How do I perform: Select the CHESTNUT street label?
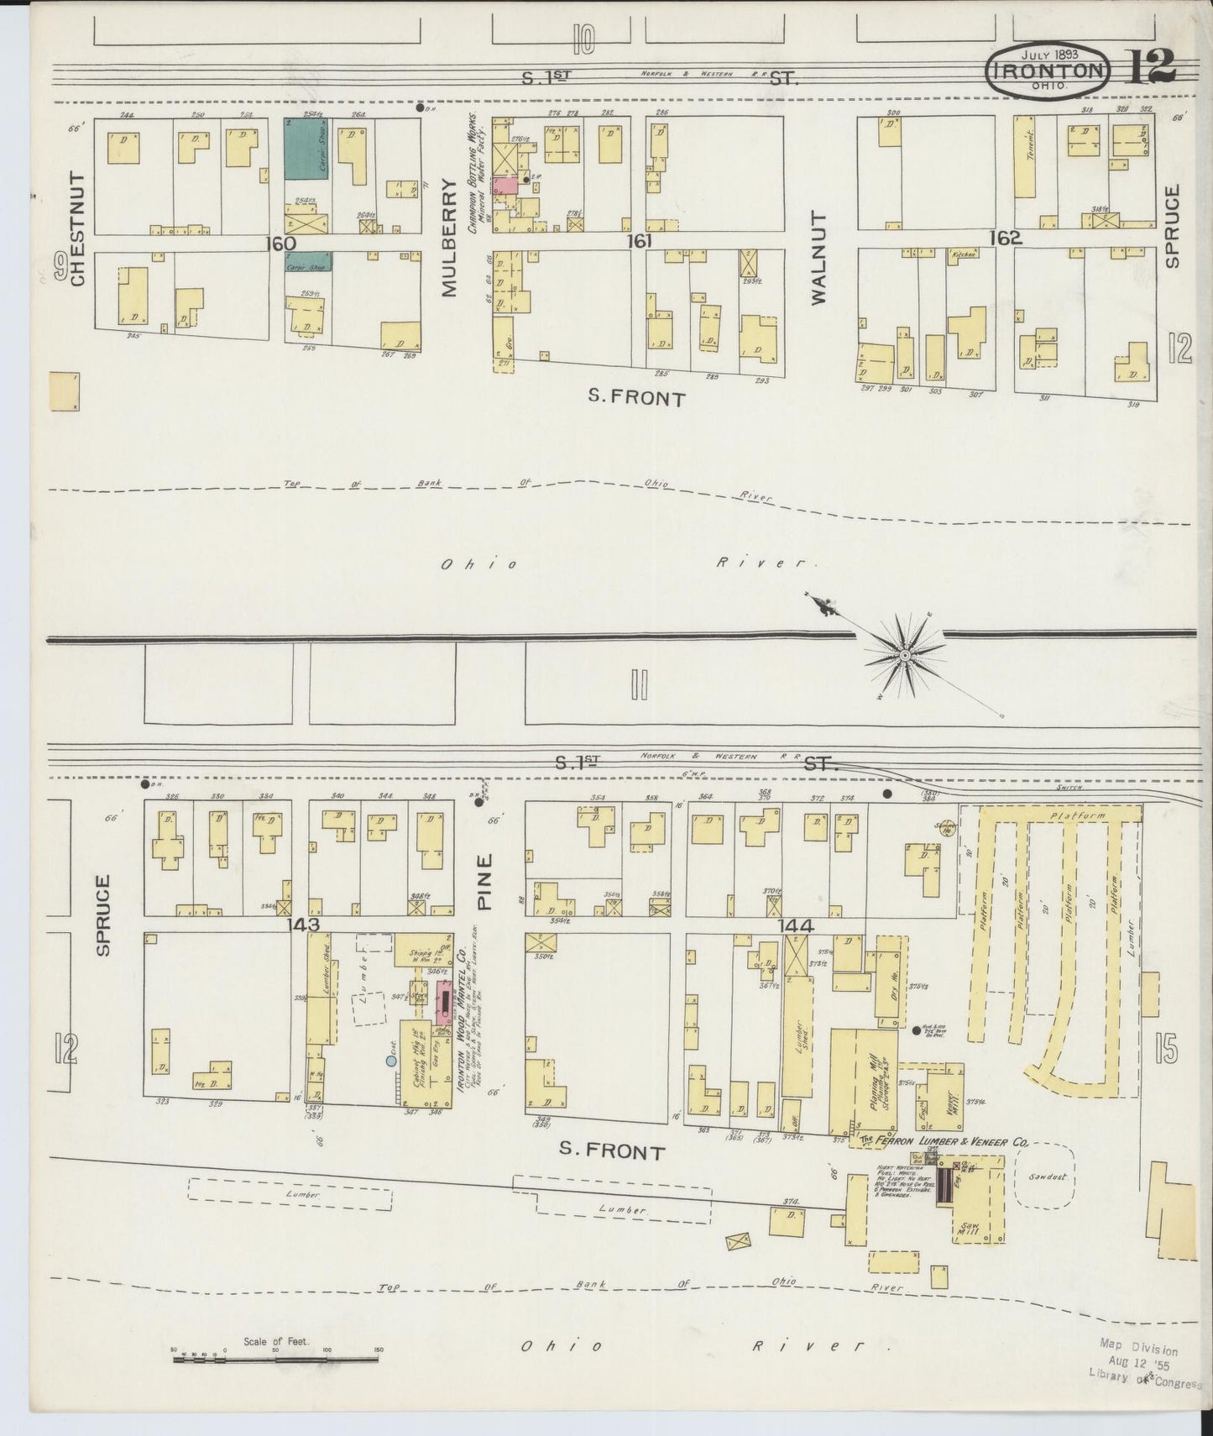[x=78, y=228]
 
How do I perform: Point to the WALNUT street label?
[x=819, y=257]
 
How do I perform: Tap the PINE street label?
[x=485, y=882]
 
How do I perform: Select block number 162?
[x=1004, y=238]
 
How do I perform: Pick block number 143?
[x=303, y=925]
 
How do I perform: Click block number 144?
[x=795, y=925]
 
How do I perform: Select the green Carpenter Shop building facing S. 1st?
[x=307, y=149]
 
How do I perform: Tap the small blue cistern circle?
[x=391, y=1061]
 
